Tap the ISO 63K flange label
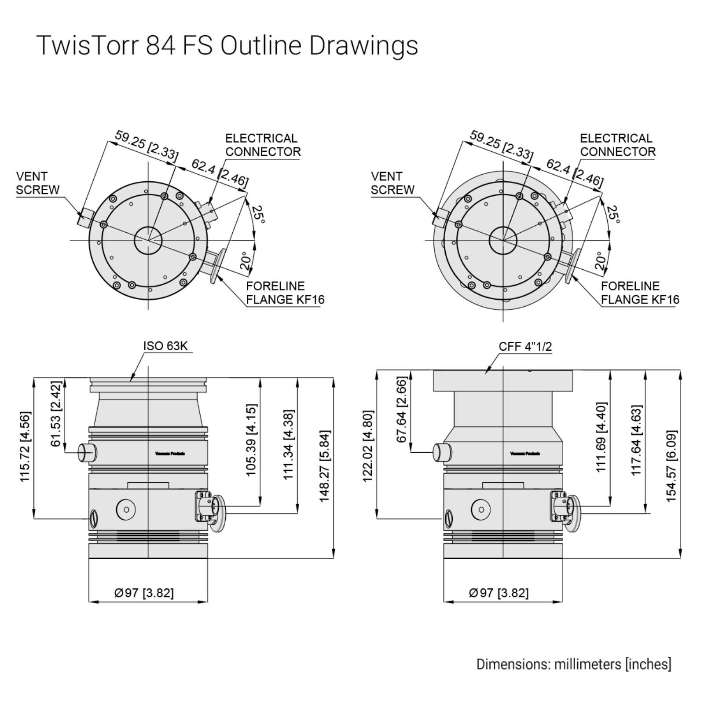165,346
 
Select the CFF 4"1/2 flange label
525,346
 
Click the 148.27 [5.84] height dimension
324,466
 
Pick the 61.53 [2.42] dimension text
55,414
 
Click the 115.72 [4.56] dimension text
25,447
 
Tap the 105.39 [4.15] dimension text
251,440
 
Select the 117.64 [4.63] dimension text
637,440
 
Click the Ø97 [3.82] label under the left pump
144,593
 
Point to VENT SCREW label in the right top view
392,183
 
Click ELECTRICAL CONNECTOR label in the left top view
263,145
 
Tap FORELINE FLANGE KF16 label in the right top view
640,293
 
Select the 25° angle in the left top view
259,215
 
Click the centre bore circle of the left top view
148,240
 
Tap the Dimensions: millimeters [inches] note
574,664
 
